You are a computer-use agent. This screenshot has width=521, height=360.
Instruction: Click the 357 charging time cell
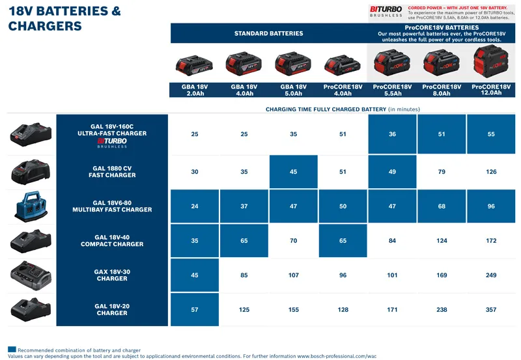click(491, 310)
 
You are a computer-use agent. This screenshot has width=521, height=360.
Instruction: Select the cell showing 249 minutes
click(491, 275)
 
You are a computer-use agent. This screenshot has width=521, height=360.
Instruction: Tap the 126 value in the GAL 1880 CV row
click(491, 173)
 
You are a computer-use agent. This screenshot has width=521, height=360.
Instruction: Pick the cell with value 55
click(491, 135)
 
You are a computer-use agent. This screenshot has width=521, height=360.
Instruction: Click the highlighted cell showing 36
click(392, 135)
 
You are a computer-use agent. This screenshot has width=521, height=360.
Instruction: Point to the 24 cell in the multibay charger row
click(195, 206)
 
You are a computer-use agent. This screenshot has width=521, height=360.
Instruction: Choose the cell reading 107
click(293, 275)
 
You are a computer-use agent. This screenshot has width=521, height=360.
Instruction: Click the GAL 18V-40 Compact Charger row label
click(112, 241)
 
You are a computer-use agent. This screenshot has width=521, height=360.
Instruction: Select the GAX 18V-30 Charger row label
click(112, 275)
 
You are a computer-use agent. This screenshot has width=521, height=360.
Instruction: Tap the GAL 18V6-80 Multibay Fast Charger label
click(112, 206)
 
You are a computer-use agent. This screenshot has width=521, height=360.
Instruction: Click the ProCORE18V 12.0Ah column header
click(491, 90)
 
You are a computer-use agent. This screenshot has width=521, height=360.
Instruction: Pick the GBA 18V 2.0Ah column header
click(195, 90)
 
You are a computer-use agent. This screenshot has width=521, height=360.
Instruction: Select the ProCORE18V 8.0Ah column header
click(442, 90)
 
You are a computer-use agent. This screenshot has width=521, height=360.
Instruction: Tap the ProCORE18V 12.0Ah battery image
click(491, 63)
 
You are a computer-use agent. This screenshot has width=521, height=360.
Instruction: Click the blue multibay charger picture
click(31, 207)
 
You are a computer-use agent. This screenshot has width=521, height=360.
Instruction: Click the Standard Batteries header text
click(268, 33)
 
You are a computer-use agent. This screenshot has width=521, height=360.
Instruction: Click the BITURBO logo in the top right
click(386, 11)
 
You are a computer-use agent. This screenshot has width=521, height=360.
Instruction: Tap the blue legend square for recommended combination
click(12, 350)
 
